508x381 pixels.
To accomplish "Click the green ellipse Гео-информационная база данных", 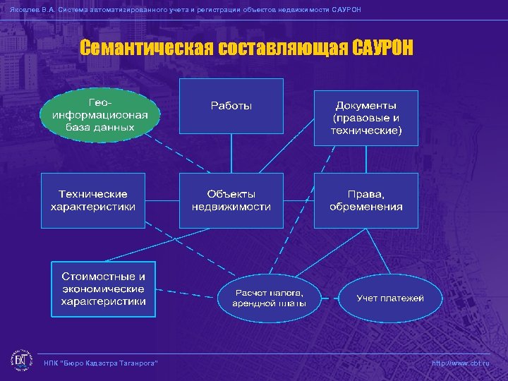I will click(x=99, y=116).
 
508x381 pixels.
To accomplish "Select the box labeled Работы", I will click(x=231, y=106).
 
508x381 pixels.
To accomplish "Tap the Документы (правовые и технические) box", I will click(x=365, y=118).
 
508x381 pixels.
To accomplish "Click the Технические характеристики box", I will click(x=93, y=200).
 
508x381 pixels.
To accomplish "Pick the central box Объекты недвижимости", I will click(x=231, y=200).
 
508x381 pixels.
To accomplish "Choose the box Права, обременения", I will click(x=365, y=200).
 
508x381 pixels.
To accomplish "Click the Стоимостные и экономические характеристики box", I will click(x=103, y=289).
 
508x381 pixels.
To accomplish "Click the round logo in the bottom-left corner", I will click(x=21, y=361).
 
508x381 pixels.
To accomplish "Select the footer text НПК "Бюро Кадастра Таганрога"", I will click(x=100, y=363).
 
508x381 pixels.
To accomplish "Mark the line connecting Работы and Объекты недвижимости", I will click(x=231, y=153).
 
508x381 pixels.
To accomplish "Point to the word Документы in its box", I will click(x=365, y=106).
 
